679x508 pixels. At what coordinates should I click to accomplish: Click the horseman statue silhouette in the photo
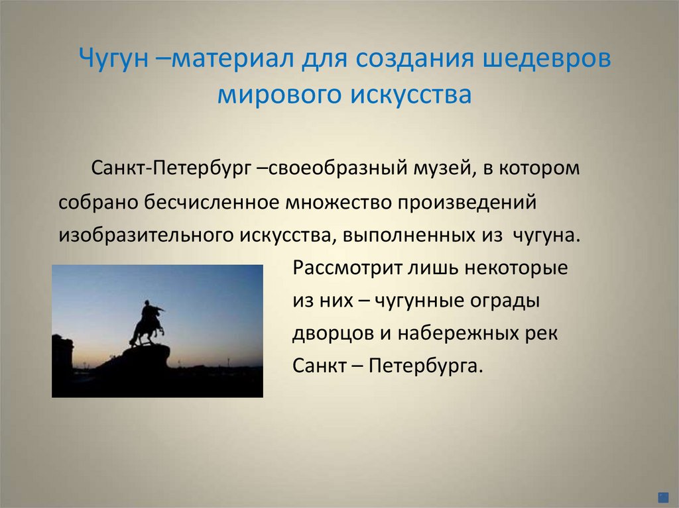pos(149,321)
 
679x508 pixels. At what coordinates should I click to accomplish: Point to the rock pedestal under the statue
pos(143,361)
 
